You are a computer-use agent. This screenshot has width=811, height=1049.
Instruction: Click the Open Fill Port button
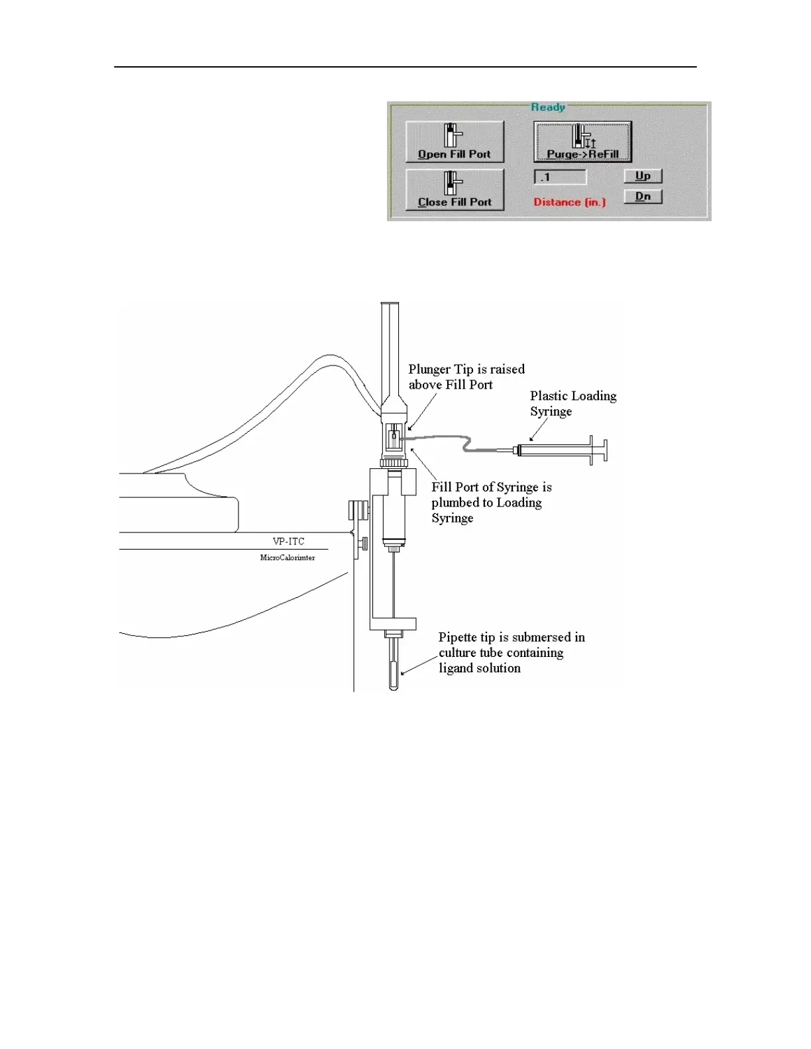coord(455,142)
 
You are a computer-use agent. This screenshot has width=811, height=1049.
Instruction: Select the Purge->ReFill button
coord(582,142)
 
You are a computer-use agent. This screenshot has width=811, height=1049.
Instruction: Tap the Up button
coord(643,176)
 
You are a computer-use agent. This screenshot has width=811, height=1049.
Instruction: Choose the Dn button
coord(643,197)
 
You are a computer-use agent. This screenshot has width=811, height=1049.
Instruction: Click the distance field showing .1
coord(560,177)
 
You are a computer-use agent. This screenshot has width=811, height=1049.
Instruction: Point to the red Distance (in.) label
coord(569,202)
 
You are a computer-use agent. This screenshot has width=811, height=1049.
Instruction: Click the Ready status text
coord(547,107)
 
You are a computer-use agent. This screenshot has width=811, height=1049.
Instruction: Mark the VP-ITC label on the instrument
coord(288,541)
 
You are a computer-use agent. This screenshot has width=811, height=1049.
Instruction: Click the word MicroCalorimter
coord(288,558)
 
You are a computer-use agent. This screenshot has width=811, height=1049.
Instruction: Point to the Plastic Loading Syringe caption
coord(572,403)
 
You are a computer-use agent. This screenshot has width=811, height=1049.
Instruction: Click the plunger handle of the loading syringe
coord(602,451)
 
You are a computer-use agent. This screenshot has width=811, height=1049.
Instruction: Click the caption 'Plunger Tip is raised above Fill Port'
coord(466,377)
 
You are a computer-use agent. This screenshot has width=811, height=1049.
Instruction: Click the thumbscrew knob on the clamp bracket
coord(364,544)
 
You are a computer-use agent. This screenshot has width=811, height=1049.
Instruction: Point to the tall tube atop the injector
coord(390,351)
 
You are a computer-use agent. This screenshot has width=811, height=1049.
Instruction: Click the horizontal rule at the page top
coord(405,67)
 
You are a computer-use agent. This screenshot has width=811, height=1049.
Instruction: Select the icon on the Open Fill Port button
coord(453,136)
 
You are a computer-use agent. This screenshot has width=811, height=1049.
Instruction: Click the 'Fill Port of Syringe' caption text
coord(491,487)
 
